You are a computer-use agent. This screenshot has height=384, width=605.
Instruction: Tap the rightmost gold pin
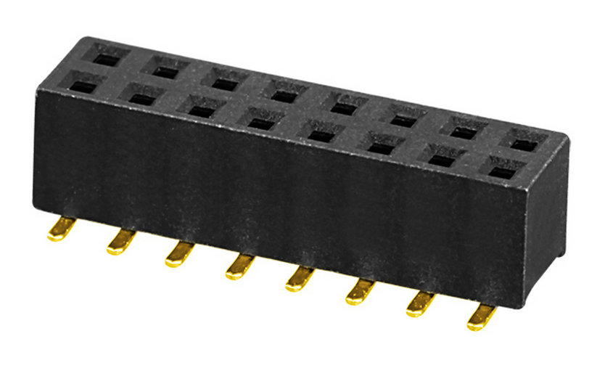click(481, 317)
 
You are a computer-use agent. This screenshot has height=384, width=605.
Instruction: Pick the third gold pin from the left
click(178, 254)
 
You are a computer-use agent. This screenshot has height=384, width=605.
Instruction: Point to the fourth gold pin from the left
click(239, 266)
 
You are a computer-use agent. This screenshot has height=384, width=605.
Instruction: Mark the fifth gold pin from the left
click(298, 279)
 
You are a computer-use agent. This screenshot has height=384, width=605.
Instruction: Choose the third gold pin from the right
click(358, 292)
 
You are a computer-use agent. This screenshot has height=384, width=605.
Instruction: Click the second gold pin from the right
click(419, 304)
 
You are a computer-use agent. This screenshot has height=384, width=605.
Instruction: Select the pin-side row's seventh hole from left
click(439, 158)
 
